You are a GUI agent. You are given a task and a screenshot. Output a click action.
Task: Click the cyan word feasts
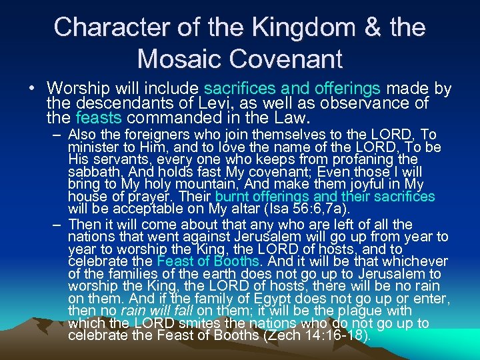pos(100,119)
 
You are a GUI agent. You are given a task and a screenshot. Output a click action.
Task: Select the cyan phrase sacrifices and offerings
pos(293,89)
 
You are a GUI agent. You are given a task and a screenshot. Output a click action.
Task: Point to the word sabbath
pos(93,171)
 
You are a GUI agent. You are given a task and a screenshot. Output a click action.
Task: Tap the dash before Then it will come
pos(58,225)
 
